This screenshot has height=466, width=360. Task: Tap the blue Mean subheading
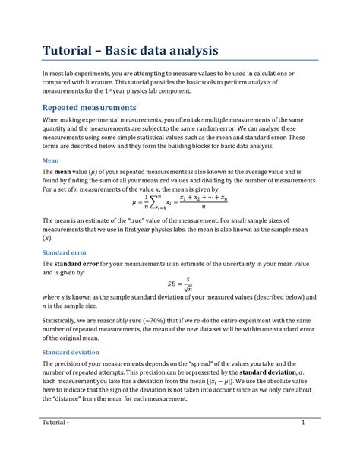[x=49, y=161]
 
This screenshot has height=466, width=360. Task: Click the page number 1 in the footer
[x=302, y=423]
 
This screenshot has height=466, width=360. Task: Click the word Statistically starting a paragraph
[x=62, y=322]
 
